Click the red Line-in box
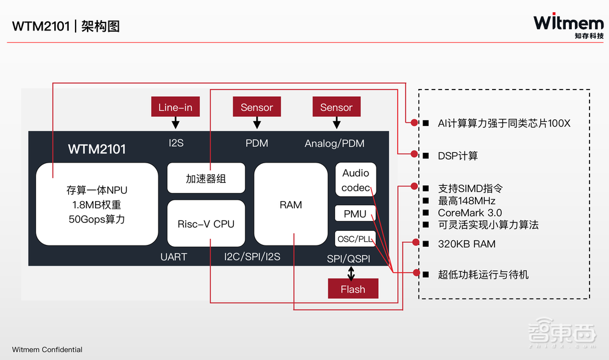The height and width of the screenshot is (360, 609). [x=175, y=107]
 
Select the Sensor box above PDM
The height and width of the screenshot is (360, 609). [x=256, y=107]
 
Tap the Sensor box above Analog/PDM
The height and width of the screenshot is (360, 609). [x=336, y=107]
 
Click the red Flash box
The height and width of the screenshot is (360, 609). [x=353, y=289]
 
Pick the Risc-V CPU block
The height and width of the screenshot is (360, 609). [x=206, y=224]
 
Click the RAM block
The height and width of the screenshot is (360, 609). [x=290, y=205]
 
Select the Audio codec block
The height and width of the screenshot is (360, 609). [x=356, y=180]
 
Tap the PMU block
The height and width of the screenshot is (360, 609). [x=355, y=214]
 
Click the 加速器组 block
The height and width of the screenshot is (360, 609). [x=206, y=178]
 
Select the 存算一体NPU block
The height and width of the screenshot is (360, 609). [x=97, y=204]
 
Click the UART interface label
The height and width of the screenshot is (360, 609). [x=174, y=256]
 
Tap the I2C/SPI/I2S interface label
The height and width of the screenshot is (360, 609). [x=252, y=256]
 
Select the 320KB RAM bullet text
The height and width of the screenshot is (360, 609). [x=466, y=244]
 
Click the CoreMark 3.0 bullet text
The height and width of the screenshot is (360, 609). [x=470, y=213]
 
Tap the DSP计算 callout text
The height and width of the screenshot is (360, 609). [x=458, y=156]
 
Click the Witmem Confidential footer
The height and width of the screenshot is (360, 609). [x=47, y=350]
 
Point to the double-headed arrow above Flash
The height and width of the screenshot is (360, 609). [x=351, y=272]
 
